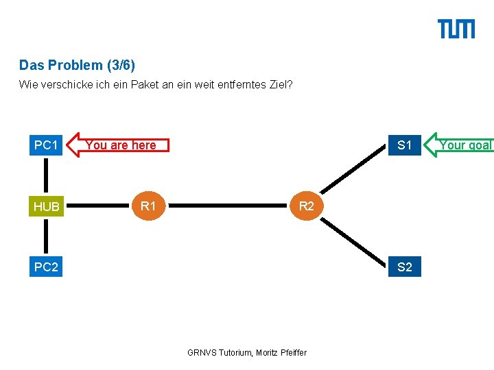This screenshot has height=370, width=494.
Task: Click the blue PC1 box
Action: tap(46, 145)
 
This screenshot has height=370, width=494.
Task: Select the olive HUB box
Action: tap(46, 206)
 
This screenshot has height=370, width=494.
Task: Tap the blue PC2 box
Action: tap(46, 267)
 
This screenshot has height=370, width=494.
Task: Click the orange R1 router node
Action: tap(148, 206)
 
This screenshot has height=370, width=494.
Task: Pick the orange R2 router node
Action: tap(306, 206)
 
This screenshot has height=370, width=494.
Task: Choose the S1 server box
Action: tap(405, 145)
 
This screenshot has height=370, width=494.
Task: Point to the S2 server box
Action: tap(405, 267)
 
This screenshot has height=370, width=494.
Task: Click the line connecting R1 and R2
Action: tap(226, 206)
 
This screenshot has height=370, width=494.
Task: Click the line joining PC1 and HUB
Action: tap(46, 175)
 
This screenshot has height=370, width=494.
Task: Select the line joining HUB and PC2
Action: tap(46, 236)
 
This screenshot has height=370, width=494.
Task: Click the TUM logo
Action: tap(456, 29)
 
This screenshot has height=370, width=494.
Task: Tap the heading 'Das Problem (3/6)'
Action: tap(78, 66)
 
